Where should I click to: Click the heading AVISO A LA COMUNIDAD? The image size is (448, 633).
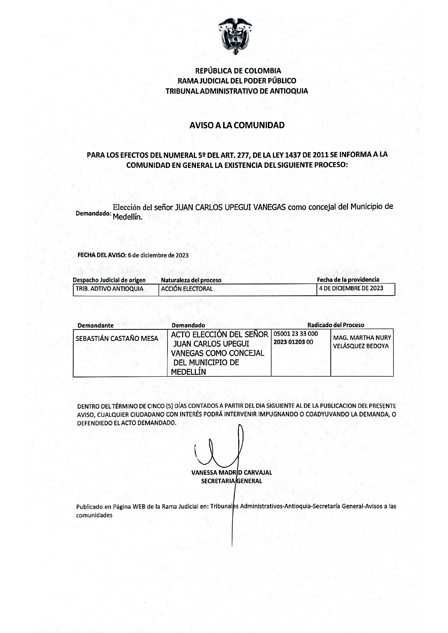click(237, 125)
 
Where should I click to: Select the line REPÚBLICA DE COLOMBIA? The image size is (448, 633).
click(238, 71)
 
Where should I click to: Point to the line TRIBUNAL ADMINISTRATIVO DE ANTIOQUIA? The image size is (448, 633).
click(237, 91)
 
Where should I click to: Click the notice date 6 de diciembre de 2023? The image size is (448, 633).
click(161, 255)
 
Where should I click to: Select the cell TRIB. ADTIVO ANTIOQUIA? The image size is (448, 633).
click(109, 289)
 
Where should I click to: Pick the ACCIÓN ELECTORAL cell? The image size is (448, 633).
click(187, 289)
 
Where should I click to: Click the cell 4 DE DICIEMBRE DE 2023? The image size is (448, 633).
click(351, 288)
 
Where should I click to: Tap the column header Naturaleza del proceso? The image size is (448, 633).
click(191, 280)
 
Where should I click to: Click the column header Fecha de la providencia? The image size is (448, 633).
click(348, 280)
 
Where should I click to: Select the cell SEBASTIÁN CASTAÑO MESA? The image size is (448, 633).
click(117, 338)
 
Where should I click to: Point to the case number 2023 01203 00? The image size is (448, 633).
click(293, 342)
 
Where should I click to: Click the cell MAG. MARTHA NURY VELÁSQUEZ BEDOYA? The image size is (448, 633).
click(362, 342)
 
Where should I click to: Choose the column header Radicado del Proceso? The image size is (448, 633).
click(336, 325)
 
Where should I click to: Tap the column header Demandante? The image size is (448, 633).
click(95, 326)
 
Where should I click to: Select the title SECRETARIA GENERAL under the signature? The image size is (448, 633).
click(231, 481)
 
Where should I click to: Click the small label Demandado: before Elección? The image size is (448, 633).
click(93, 213)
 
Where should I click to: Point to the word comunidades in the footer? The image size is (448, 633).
click(94, 515)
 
